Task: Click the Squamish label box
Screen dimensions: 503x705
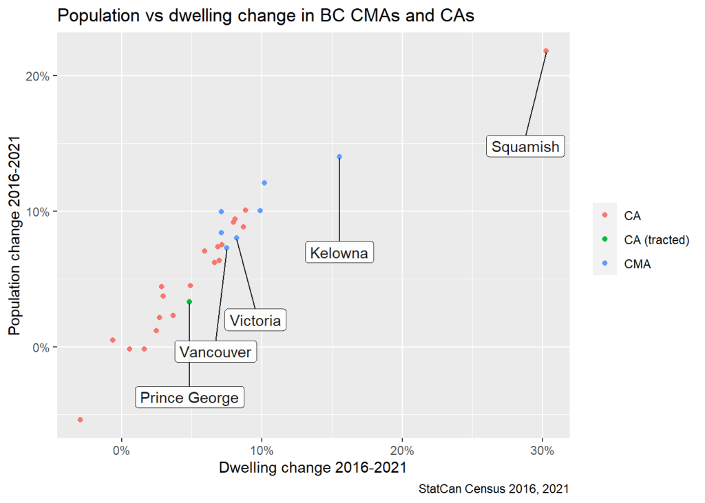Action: tap(525, 147)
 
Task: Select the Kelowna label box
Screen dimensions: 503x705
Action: tap(339, 253)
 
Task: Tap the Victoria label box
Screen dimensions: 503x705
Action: tap(255, 320)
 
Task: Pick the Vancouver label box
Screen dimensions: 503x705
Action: tap(215, 352)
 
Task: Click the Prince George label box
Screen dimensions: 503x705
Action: tap(189, 397)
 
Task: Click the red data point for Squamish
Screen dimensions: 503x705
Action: tap(546, 51)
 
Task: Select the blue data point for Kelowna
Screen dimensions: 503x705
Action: tap(339, 157)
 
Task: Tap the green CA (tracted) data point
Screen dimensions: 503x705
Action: tap(189, 302)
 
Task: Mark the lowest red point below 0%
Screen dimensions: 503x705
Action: tap(81, 420)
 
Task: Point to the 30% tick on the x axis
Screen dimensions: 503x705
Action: tap(543, 451)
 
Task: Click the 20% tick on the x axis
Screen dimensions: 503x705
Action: tap(402, 451)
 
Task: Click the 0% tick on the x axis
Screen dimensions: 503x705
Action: tap(122, 451)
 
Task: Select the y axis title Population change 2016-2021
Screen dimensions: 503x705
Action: tap(14, 235)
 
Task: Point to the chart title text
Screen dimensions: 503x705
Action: tap(266, 16)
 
